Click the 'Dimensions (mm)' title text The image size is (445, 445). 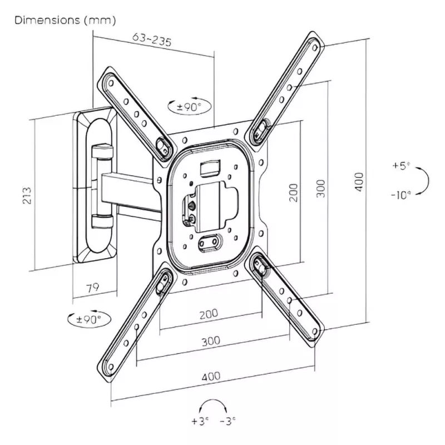pyautogui.click(x=65, y=21)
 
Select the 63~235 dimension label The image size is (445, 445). pyautogui.click(x=151, y=40)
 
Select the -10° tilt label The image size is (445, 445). pyautogui.click(x=400, y=194)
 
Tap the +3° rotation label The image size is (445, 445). pyautogui.click(x=199, y=421)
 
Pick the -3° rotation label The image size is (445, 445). pyautogui.click(x=228, y=421)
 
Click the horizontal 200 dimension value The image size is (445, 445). pyautogui.click(x=208, y=314)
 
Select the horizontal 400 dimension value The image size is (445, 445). pyautogui.click(x=210, y=377)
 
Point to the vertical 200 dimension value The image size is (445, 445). pyautogui.click(x=294, y=192)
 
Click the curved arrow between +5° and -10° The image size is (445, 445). pyautogui.click(x=425, y=180)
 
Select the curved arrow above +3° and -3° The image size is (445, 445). pyautogui.click(x=214, y=404)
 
